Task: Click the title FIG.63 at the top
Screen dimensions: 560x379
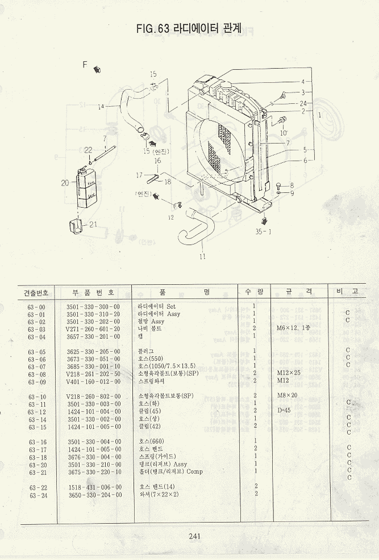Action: coord(153,27)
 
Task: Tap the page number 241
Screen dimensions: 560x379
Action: coord(194,536)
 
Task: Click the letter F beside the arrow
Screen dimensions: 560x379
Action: coord(85,65)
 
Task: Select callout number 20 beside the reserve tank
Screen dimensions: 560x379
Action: coord(64,183)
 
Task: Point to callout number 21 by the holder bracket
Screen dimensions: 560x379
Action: coord(93,224)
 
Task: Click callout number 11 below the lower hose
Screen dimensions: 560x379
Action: coord(202,256)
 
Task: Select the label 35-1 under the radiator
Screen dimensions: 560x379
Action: coord(264,231)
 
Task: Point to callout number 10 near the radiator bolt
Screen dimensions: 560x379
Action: coord(284,133)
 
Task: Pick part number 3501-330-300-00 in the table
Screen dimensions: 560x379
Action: coord(93,306)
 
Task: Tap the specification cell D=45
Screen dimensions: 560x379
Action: coord(284,410)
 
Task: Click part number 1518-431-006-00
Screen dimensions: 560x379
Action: coord(93,487)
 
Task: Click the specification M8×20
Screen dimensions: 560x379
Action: coord(288,395)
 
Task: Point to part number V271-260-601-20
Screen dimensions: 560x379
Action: coord(93,329)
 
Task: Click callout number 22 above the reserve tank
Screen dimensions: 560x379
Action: coord(88,150)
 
